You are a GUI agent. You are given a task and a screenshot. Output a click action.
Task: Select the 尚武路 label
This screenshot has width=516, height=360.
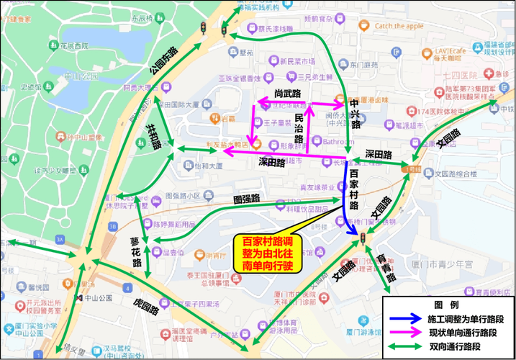coord(287,94)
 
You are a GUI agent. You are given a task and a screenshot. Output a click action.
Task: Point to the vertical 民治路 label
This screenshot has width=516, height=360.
coord(299,127)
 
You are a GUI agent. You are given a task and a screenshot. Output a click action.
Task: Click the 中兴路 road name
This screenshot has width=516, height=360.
coord(354,114)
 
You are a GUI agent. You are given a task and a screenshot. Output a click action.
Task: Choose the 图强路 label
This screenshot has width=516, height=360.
coord(246,198)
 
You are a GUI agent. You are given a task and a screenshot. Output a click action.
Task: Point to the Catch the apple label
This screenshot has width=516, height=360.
coord(399,27)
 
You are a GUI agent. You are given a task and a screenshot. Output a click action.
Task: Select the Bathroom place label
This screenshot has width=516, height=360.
coord(338,143)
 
